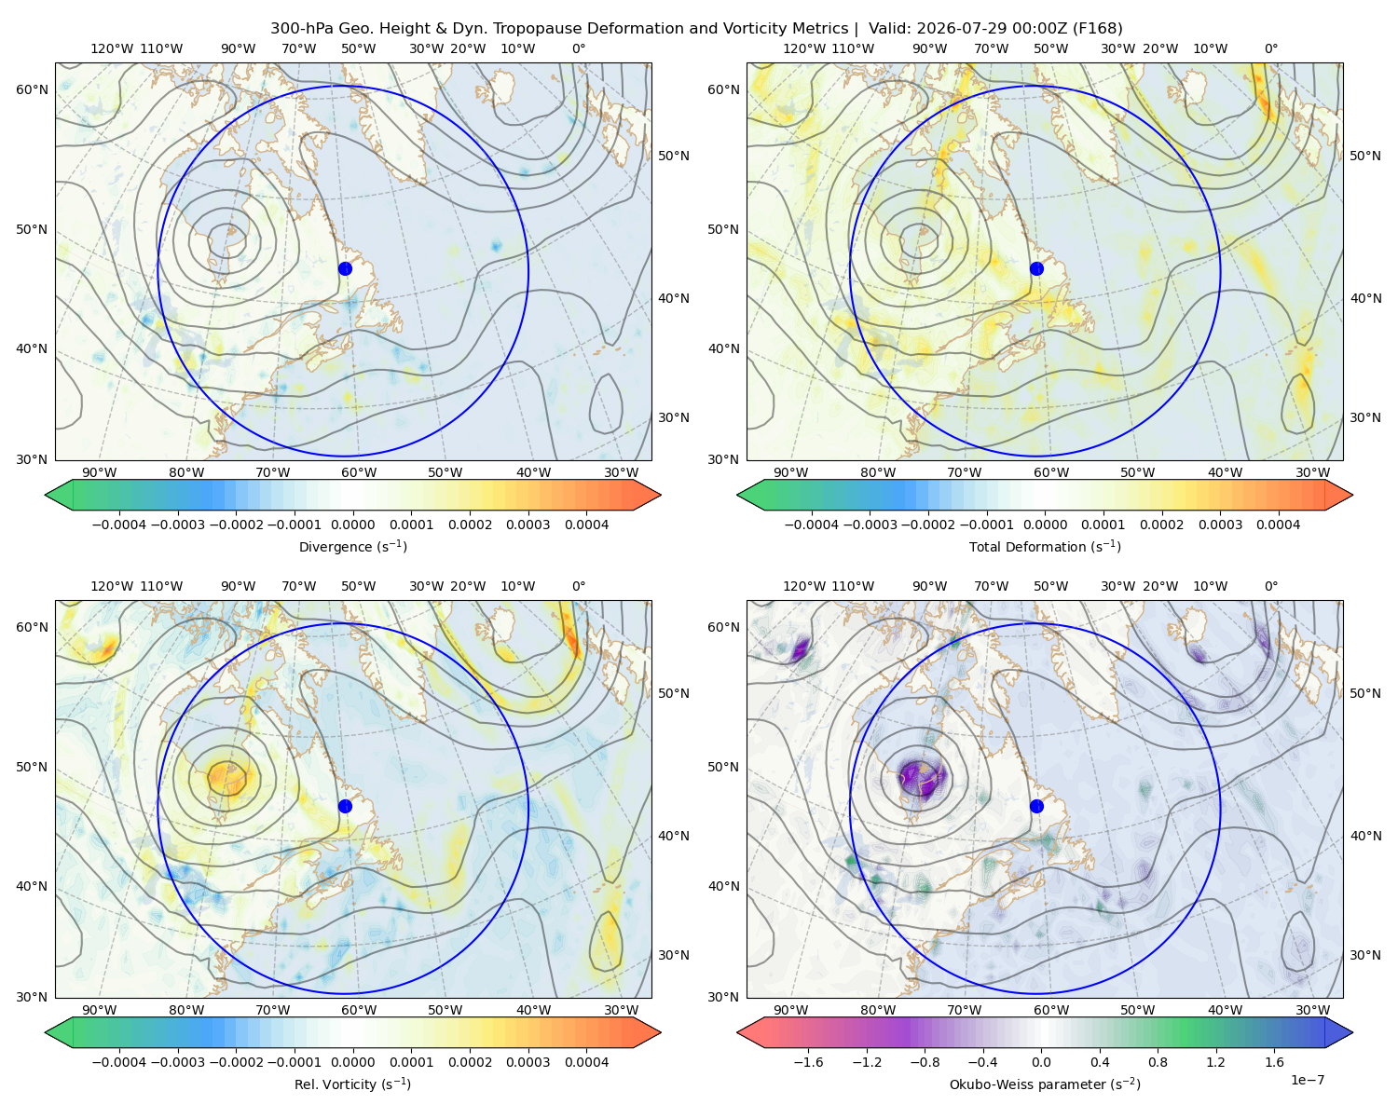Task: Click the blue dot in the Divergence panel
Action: [345, 268]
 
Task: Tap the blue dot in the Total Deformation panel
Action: [1036, 268]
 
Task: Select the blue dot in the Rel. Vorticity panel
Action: [345, 806]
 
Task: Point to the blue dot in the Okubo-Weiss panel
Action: [1036, 806]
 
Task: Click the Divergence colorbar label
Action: [352, 546]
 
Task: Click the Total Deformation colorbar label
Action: [1045, 546]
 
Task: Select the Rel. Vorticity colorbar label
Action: [352, 1084]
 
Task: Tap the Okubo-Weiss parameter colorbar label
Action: [1045, 1084]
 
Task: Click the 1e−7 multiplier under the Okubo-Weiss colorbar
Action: [1307, 1080]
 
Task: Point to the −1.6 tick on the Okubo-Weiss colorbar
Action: [808, 1061]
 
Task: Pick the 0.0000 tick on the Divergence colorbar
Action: [352, 525]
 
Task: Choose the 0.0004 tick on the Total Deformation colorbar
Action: [1278, 525]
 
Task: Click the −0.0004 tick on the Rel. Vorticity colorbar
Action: [119, 1061]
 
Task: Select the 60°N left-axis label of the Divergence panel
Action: [32, 89]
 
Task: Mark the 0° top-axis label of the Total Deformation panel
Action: [1270, 48]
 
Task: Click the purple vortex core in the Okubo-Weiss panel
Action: [923, 777]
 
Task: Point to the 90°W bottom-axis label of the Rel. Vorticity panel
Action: [100, 1010]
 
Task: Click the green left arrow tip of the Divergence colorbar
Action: [47, 495]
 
